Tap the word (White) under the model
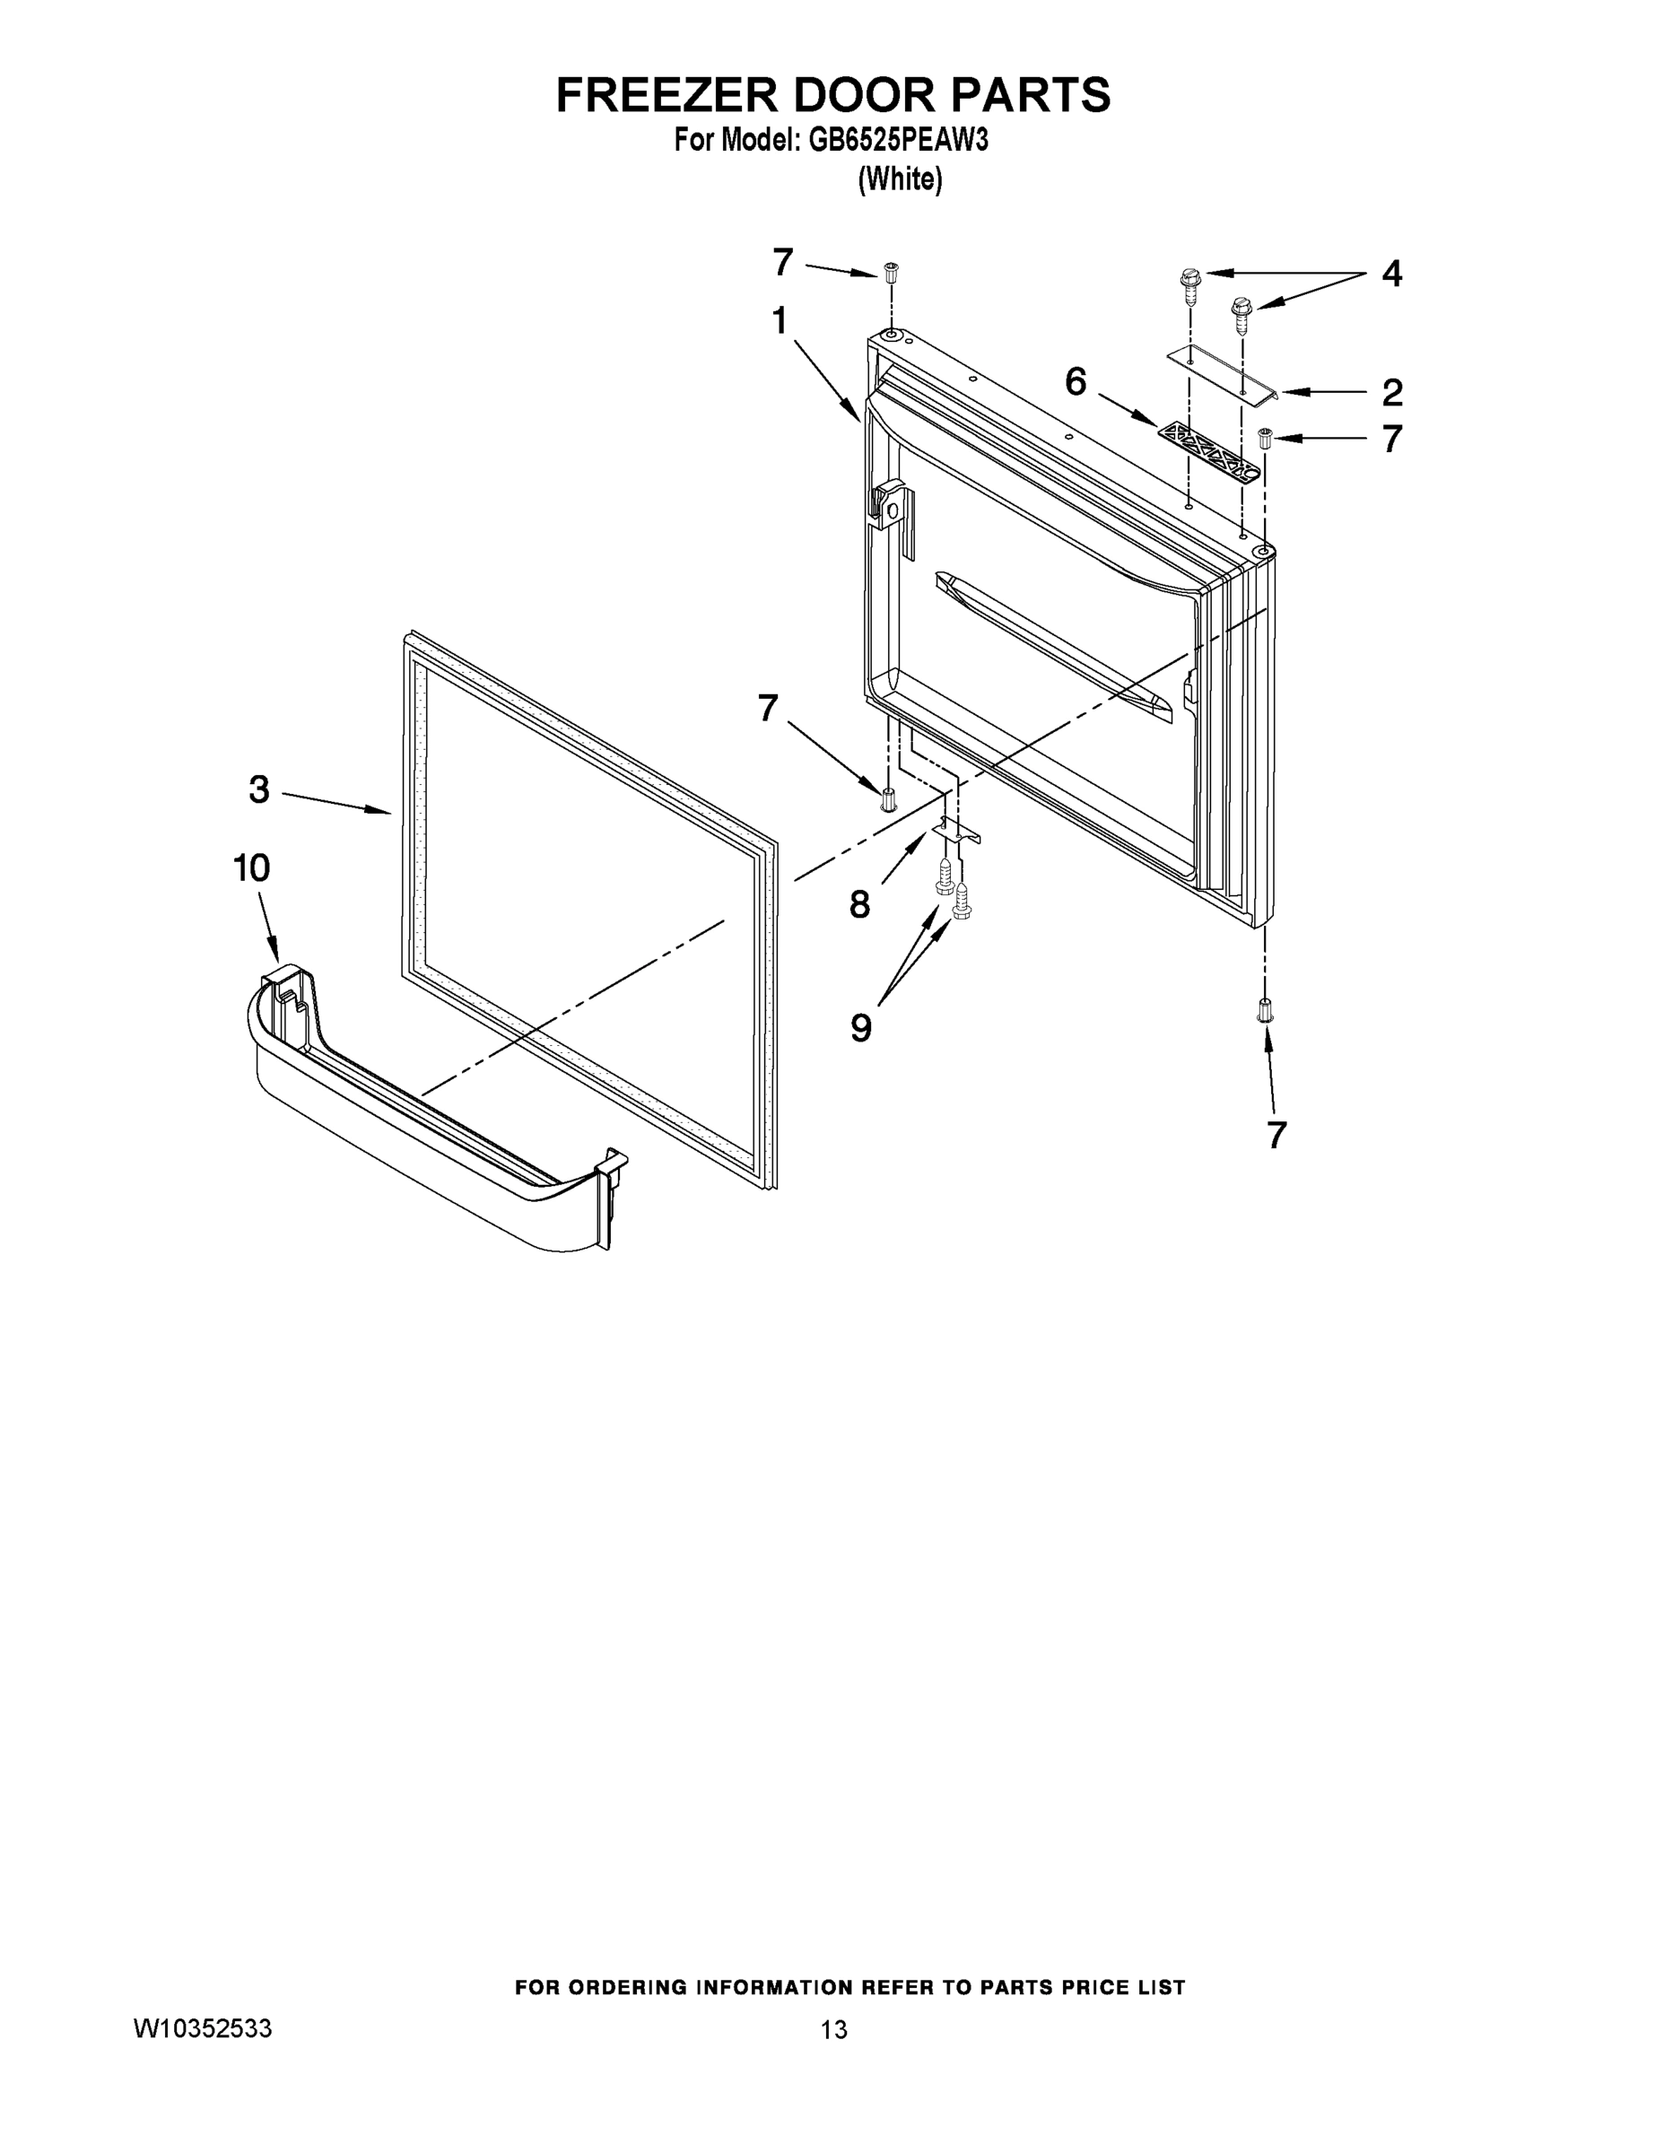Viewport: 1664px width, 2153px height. tap(900, 179)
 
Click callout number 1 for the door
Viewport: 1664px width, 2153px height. tap(780, 320)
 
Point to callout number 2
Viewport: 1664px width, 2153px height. tap(1391, 392)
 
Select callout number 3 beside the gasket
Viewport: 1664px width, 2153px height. tap(259, 789)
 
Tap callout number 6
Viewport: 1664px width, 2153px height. tap(1076, 380)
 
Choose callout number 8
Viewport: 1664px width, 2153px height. tap(859, 904)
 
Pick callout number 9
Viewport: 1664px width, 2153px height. tap(860, 1028)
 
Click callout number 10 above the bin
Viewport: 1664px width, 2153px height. tap(251, 867)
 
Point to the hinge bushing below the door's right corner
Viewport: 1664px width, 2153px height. tap(1265, 1010)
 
